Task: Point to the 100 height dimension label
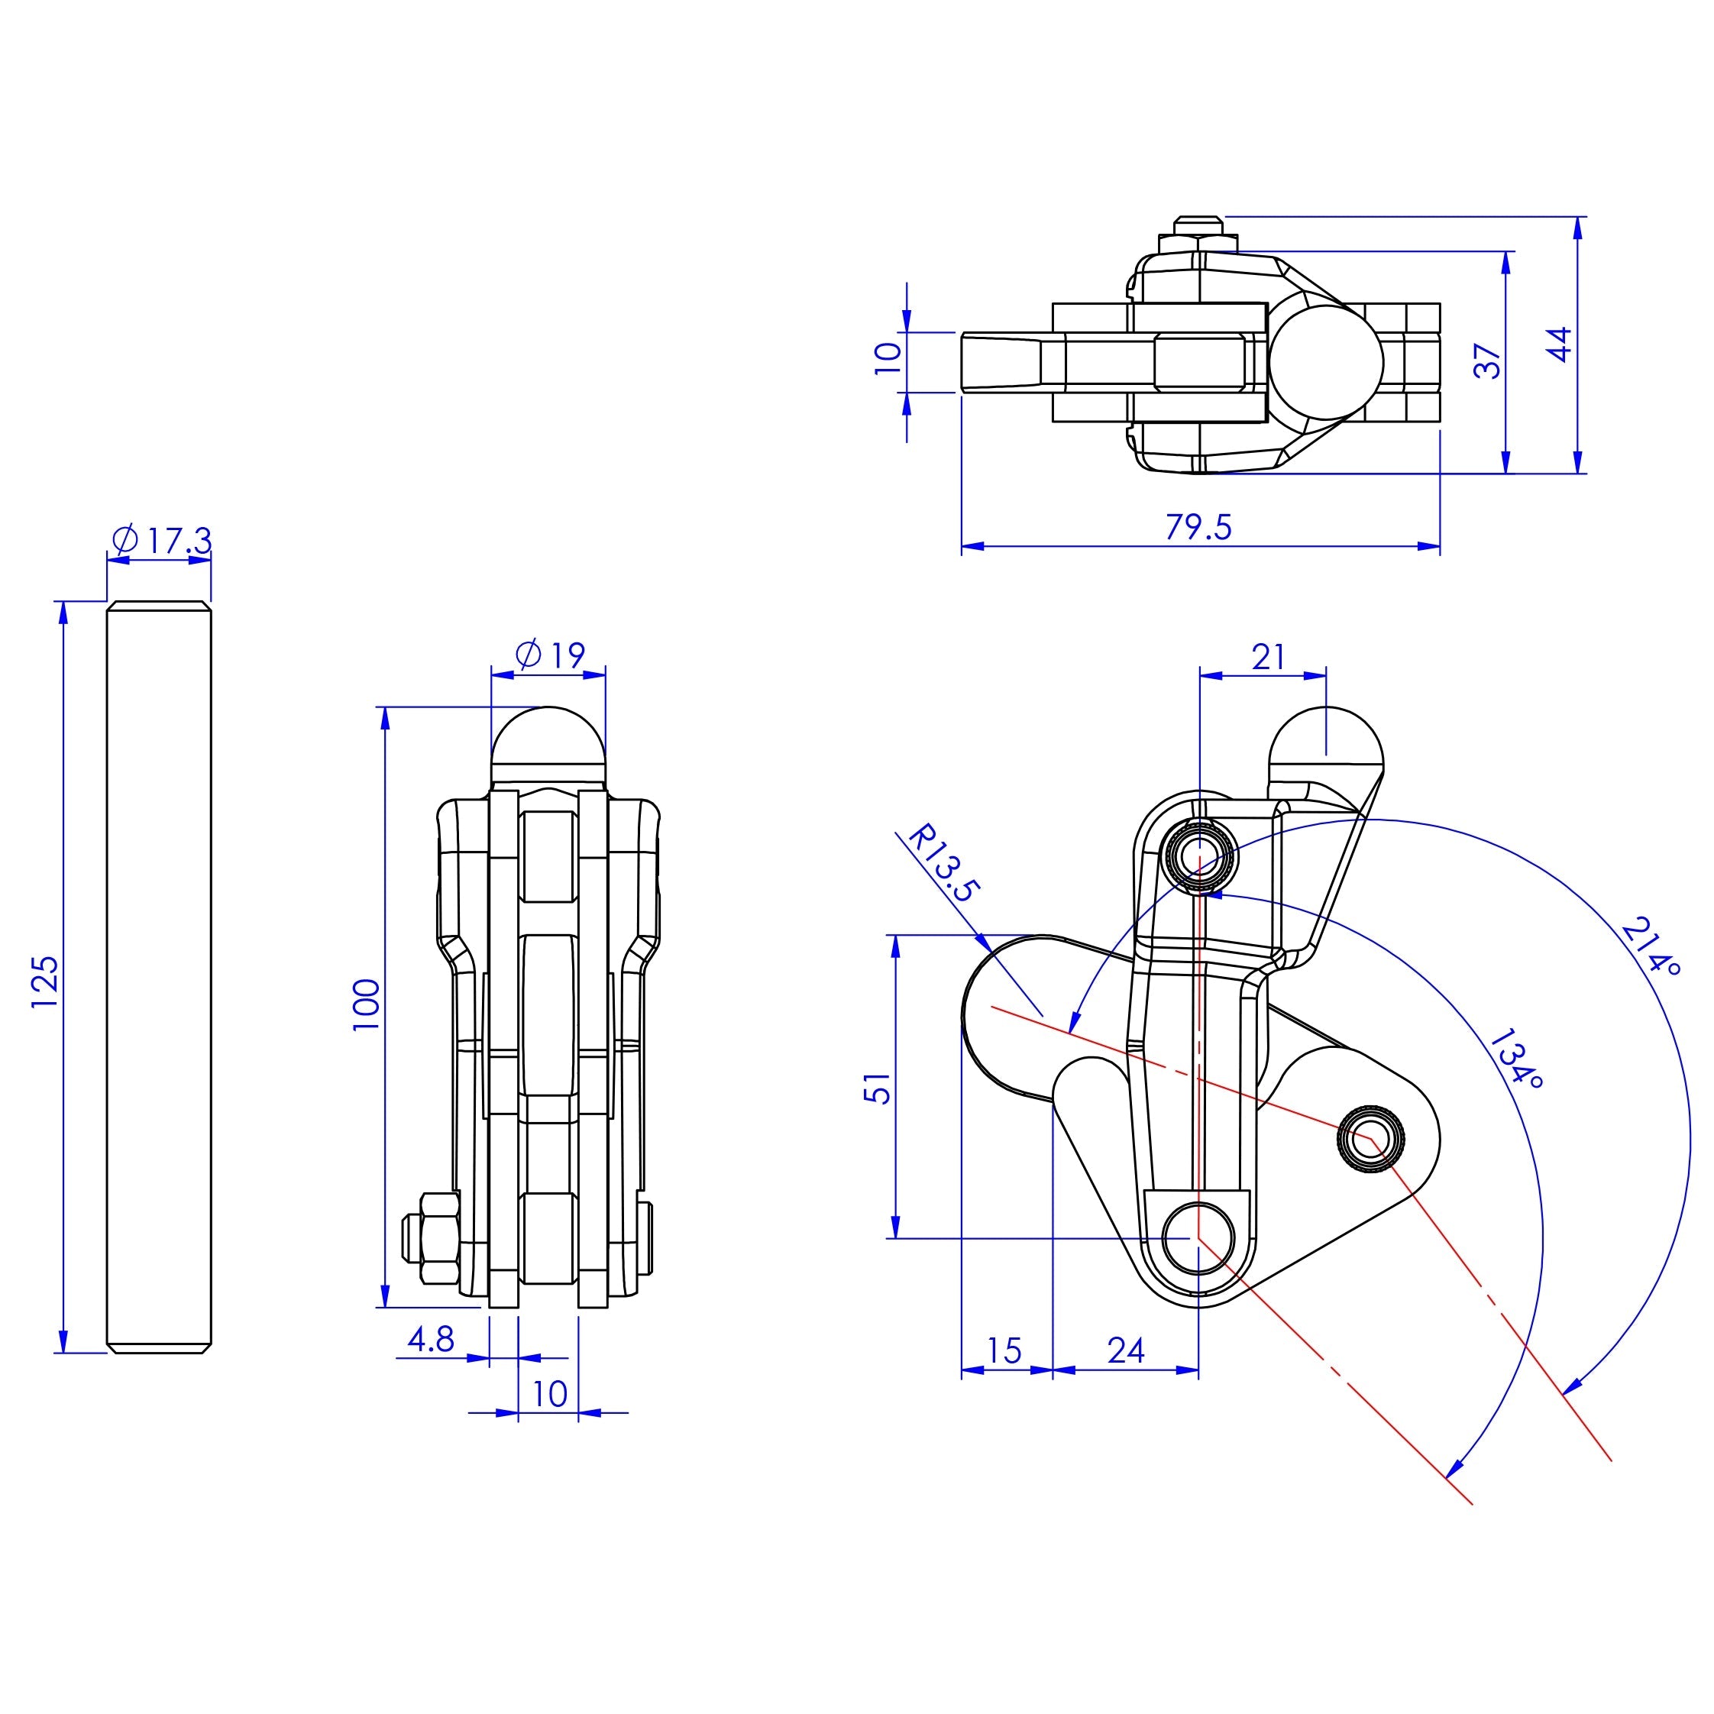point(367,1004)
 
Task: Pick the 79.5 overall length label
point(1198,527)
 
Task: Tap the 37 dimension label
point(1488,361)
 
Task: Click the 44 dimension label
point(1560,344)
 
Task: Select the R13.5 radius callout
point(940,864)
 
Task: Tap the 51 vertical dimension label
point(878,1088)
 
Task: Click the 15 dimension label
point(1004,1350)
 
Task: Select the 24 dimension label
point(1126,1350)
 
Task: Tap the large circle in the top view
point(1325,362)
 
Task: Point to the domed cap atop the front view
point(548,737)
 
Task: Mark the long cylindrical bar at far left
point(159,978)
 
